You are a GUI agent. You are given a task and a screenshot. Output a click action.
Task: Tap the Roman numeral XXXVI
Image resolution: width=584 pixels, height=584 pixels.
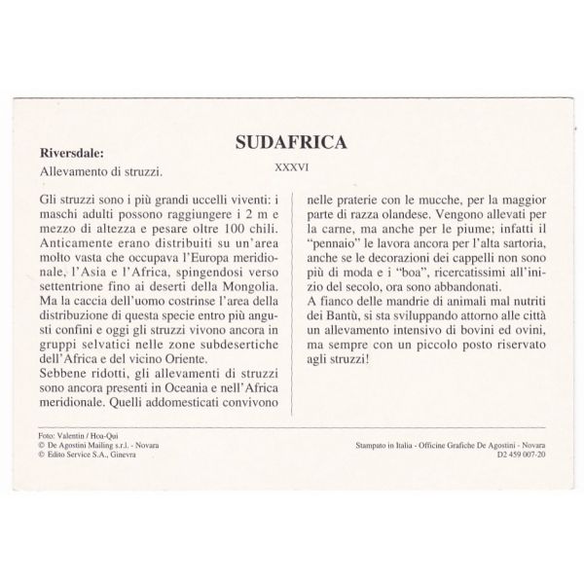292,166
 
